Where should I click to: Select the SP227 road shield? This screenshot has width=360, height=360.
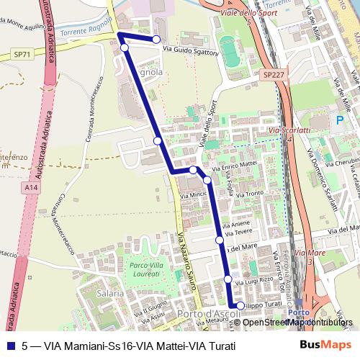(x=273, y=74)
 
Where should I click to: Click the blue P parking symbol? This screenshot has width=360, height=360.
(x=339, y=121)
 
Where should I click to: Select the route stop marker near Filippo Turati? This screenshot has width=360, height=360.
(x=241, y=306)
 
